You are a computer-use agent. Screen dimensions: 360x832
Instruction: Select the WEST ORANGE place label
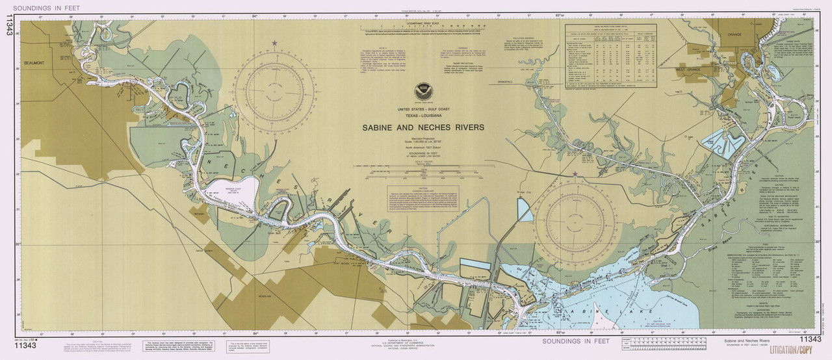(690, 68)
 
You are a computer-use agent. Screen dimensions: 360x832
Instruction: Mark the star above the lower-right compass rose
(575, 174)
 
